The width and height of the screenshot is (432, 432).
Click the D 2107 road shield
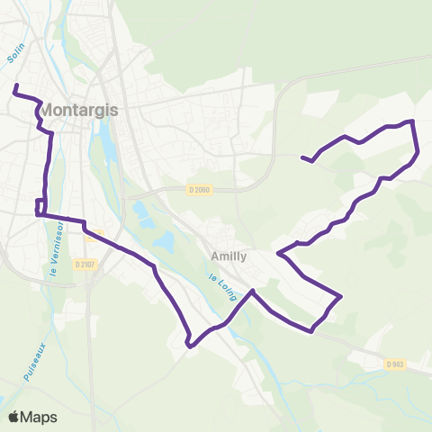pyautogui.click(x=85, y=264)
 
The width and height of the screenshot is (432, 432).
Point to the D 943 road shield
pyautogui.click(x=395, y=364)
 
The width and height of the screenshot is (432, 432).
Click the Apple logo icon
pyautogui.click(x=14, y=417)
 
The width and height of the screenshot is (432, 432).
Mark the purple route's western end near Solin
pyautogui.click(x=14, y=87)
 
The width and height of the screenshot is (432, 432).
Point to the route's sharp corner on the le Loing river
pyautogui.click(x=253, y=291)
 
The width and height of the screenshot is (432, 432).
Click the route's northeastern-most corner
pyautogui.click(x=412, y=121)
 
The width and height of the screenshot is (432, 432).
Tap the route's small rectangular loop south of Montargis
pyautogui.click(x=40, y=206)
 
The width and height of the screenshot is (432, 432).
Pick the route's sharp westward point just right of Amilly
pyautogui.click(x=278, y=253)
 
